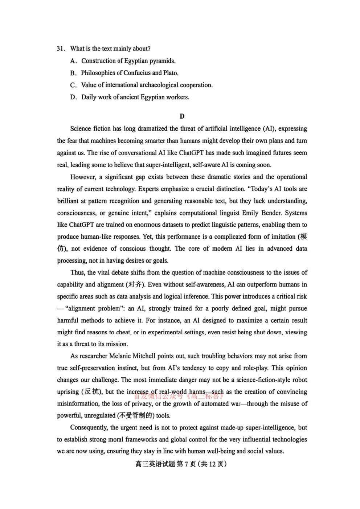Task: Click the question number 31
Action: pos(61,49)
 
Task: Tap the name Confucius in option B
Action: pos(137,73)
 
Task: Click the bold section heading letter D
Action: pos(182,116)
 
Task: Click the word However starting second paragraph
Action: pos(83,177)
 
